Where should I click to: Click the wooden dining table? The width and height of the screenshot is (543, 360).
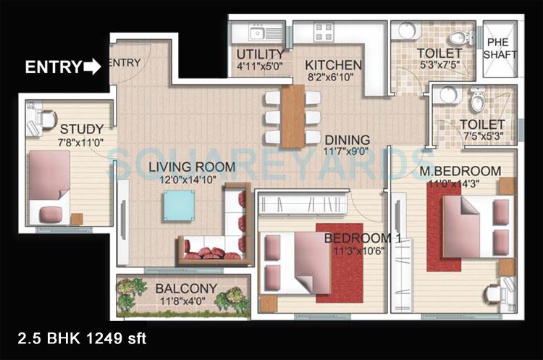pos(292,115)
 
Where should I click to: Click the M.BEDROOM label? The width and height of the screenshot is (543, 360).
pos(460,170)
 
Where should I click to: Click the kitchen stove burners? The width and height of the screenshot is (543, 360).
pos(323,33)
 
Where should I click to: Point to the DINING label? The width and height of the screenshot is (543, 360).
pos(347,140)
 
